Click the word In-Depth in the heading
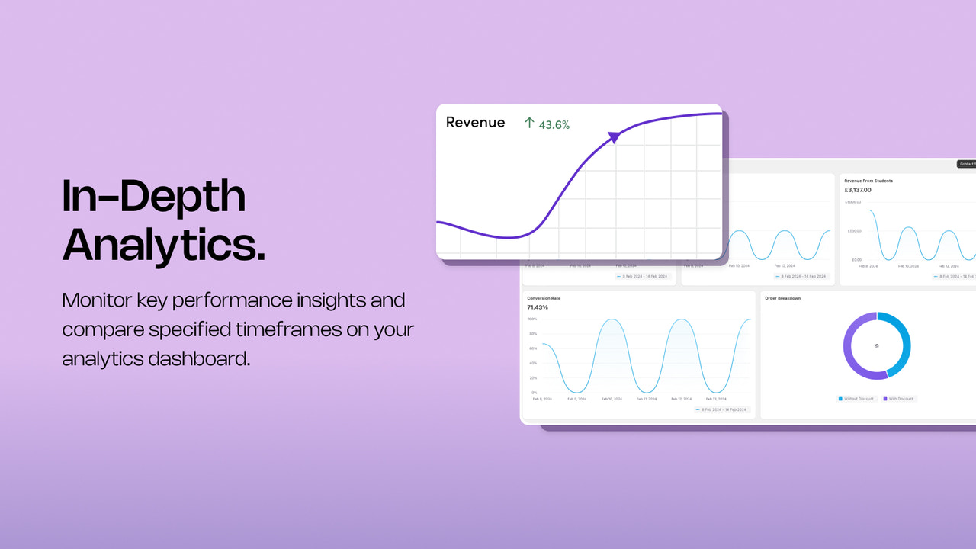(x=153, y=197)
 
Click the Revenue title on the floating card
(x=475, y=123)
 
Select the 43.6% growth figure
(x=554, y=124)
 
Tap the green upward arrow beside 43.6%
(x=529, y=123)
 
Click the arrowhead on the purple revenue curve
(x=614, y=136)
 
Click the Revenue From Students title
(x=868, y=181)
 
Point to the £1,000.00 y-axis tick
(x=852, y=202)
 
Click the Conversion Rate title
(x=544, y=298)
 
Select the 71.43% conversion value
(x=538, y=307)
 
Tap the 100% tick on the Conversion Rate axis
(x=532, y=319)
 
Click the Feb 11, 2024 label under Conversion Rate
(x=646, y=399)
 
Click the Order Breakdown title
(x=782, y=298)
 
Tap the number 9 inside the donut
(x=876, y=346)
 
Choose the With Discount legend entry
(x=900, y=399)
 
